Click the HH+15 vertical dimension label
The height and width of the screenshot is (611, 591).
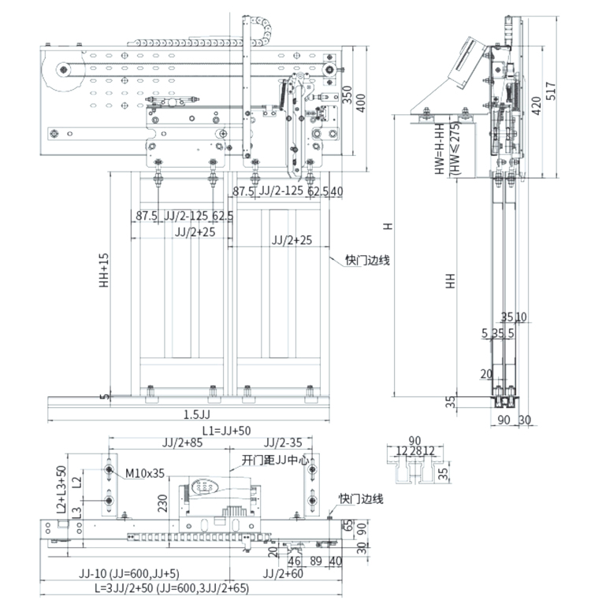(104, 271)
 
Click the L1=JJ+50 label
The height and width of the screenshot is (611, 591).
(226, 431)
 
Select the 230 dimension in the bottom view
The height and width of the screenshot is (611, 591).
(162, 502)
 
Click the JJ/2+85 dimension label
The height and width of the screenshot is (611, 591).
(183, 443)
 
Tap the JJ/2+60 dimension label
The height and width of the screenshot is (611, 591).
(281, 574)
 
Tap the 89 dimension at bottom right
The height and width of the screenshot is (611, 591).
(317, 561)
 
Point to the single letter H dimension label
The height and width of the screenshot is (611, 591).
(388, 226)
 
